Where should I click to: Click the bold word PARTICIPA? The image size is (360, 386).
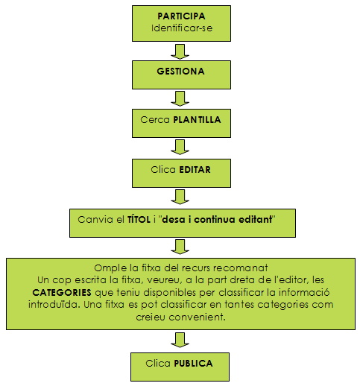[x=181, y=16]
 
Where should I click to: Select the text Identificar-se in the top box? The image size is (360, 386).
[x=182, y=28]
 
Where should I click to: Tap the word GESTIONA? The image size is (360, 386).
[x=180, y=72]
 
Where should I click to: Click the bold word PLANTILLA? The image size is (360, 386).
[x=197, y=120]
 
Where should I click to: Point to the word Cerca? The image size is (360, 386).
[x=155, y=120]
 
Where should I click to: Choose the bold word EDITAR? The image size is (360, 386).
[x=195, y=170]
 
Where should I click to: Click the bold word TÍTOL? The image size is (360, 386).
[x=139, y=219]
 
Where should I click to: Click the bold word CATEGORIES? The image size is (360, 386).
[x=62, y=292]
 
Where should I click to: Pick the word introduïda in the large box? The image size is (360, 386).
[x=54, y=305]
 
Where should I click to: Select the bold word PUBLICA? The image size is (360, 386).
[x=193, y=364]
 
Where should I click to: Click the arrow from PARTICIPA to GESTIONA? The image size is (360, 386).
[x=180, y=51]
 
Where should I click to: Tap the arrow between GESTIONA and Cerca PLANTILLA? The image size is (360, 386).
[x=180, y=99]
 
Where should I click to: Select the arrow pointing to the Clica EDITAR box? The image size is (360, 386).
[x=180, y=148]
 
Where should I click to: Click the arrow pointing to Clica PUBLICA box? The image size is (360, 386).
[x=180, y=341]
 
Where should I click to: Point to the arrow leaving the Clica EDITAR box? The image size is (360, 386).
[x=180, y=197]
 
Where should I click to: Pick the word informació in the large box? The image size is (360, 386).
[x=304, y=292]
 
